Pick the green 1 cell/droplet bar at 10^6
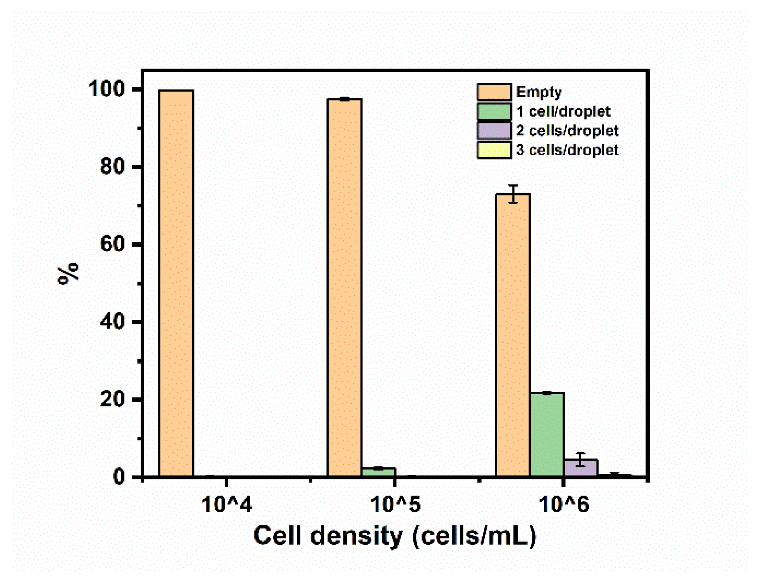point(547,434)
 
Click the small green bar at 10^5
point(378,472)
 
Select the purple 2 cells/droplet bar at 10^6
point(580,468)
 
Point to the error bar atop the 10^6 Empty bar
point(513,194)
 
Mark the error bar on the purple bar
point(580,459)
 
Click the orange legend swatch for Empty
point(494,92)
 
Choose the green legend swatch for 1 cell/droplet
point(494,111)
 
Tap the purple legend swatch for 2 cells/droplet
point(494,131)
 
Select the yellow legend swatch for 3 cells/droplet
point(494,150)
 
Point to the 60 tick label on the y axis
point(112,244)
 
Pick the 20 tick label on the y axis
point(112,399)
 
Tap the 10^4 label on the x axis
point(226,505)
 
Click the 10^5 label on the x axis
point(395,505)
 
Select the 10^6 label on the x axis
point(563,505)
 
